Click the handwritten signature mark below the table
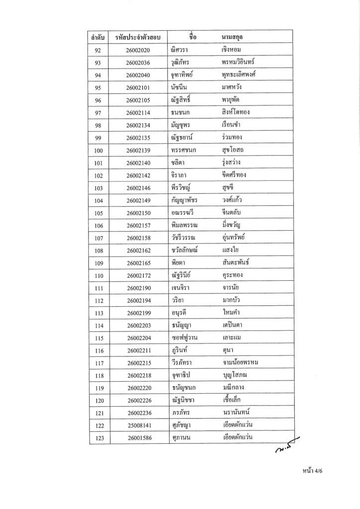coord(286,450)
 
